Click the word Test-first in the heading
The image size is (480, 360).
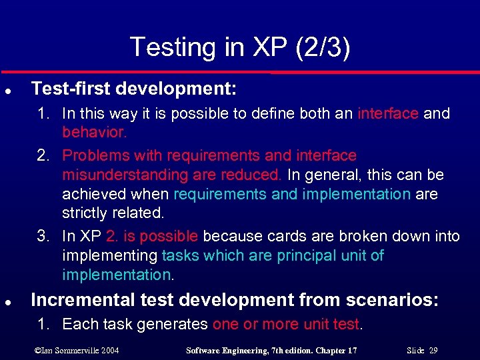(62, 89)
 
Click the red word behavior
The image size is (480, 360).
(93, 132)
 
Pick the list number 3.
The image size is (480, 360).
(43, 236)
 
